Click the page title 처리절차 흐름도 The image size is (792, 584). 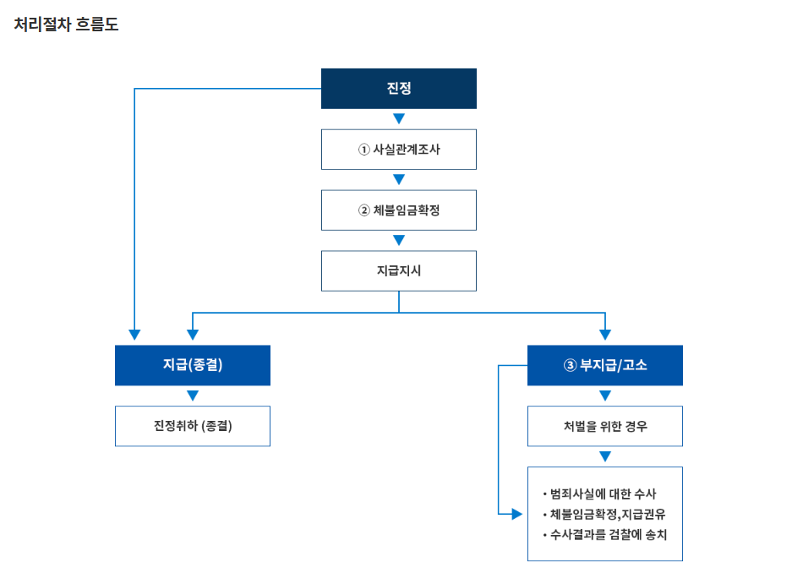(66, 25)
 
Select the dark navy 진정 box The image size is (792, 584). (398, 88)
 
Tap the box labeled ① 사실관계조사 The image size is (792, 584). (398, 150)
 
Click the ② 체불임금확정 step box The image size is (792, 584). (398, 210)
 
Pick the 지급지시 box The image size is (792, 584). (398, 271)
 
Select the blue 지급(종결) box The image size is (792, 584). (192, 365)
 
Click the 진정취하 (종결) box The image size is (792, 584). (192, 426)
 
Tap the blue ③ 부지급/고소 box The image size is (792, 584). (604, 365)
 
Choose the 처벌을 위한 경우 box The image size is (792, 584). (604, 426)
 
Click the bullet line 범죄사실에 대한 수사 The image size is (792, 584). (602, 494)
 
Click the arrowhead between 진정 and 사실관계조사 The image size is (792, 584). (399, 118)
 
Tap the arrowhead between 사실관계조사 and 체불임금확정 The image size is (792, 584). (399, 179)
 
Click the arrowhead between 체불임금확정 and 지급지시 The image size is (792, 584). (399, 240)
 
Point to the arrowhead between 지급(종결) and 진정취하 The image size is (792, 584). (193, 396)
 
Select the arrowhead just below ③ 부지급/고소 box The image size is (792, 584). (605, 396)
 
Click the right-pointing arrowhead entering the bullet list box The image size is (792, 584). (516, 514)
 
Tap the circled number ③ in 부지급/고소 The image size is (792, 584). (569, 365)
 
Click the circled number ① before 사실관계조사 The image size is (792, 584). (364, 150)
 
